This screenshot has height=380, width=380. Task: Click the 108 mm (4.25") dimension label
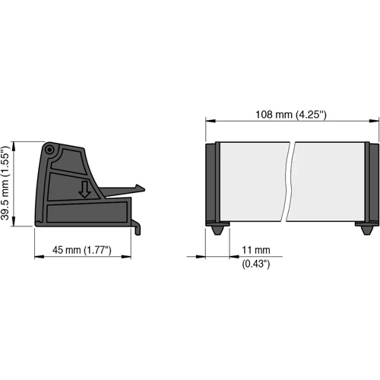[x=292, y=115]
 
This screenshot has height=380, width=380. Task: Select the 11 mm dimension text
[x=256, y=250]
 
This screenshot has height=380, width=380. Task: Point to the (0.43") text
[x=256, y=264]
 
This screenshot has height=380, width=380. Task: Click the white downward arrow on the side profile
[x=85, y=189]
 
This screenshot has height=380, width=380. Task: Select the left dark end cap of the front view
[x=213, y=182]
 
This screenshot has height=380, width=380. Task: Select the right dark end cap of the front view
[x=372, y=182]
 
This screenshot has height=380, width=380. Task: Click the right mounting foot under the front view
[x=365, y=228]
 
